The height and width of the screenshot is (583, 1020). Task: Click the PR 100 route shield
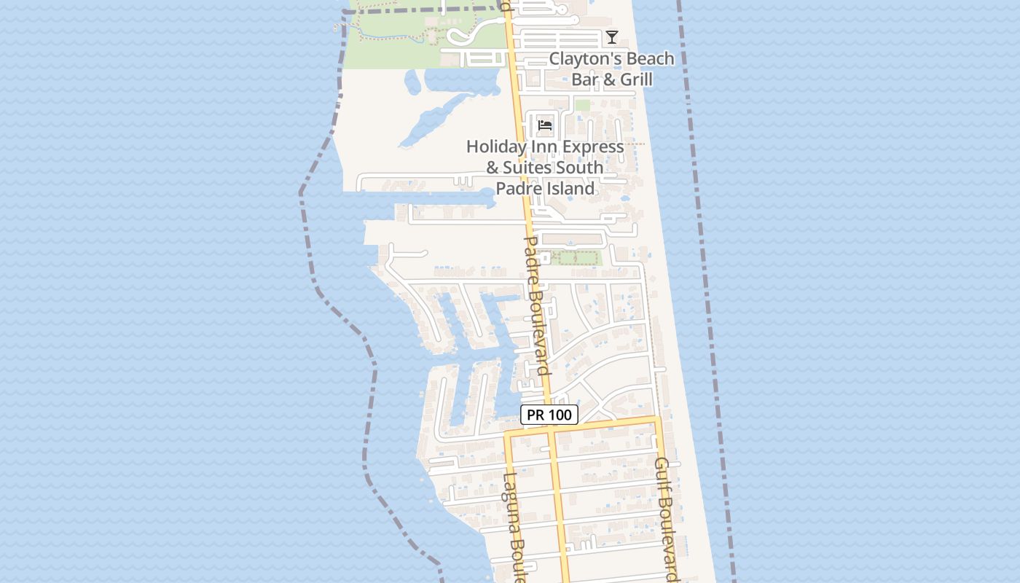tap(549, 415)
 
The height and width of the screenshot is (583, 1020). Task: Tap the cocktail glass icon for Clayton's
tap(612, 37)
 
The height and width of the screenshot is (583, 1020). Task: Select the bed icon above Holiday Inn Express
tap(545, 125)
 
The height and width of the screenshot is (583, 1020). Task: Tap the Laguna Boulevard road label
tap(514, 528)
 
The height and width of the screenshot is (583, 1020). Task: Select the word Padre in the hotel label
tap(515, 189)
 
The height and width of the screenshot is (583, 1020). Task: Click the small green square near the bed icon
tap(582, 106)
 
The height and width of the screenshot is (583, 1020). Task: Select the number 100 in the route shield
tap(560, 415)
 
